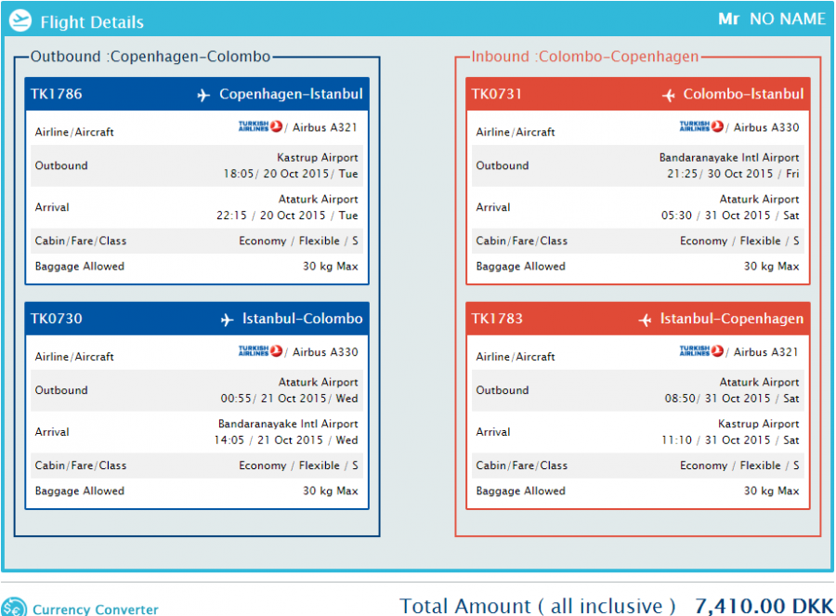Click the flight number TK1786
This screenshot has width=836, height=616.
57,94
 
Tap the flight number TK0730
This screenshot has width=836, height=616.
57,319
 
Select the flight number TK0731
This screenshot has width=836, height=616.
497,94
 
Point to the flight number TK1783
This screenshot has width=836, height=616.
497,319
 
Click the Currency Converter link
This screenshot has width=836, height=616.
95,609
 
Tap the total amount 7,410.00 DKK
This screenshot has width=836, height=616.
764,606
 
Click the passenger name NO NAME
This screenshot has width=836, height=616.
787,20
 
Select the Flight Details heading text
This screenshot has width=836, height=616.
92,22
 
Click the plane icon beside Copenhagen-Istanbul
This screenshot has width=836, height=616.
204,95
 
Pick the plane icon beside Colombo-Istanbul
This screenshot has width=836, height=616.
669,95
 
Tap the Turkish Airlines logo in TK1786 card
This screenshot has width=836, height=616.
260,127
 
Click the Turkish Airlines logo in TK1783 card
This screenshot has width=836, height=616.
701,352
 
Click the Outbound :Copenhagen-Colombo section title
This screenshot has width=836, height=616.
150,57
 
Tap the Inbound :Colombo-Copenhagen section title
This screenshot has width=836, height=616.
585,57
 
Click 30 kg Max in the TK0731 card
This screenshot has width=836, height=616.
771,267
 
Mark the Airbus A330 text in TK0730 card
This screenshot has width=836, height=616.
325,352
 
